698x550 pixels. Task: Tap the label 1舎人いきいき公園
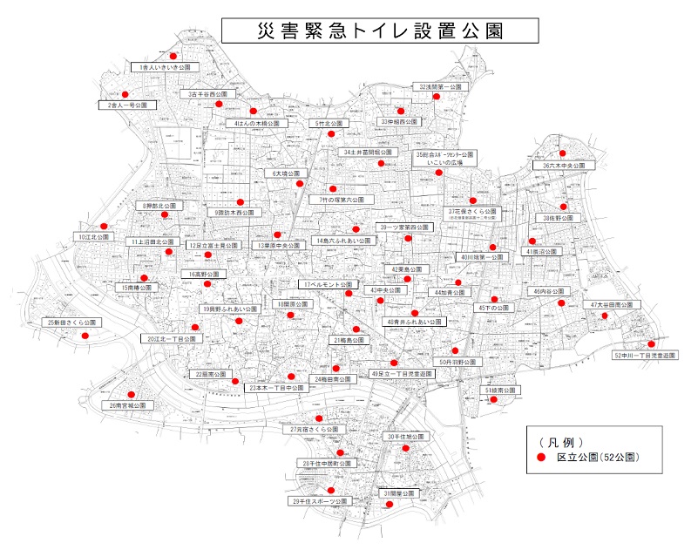pyautogui.click(x=164, y=67)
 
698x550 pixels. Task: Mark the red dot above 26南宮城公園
pyautogui.click(x=132, y=393)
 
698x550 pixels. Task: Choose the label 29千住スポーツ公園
pyautogui.click(x=320, y=502)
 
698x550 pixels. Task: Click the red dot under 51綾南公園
pyautogui.click(x=493, y=400)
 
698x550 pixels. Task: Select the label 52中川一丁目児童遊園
pyautogui.click(x=645, y=356)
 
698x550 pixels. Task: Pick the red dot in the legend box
pyautogui.click(x=540, y=457)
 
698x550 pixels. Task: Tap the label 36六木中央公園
pyautogui.click(x=568, y=165)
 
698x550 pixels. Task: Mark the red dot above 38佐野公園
pyautogui.click(x=564, y=207)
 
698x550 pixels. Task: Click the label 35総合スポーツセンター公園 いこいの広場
pyautogui.click(x=444, y=158)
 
